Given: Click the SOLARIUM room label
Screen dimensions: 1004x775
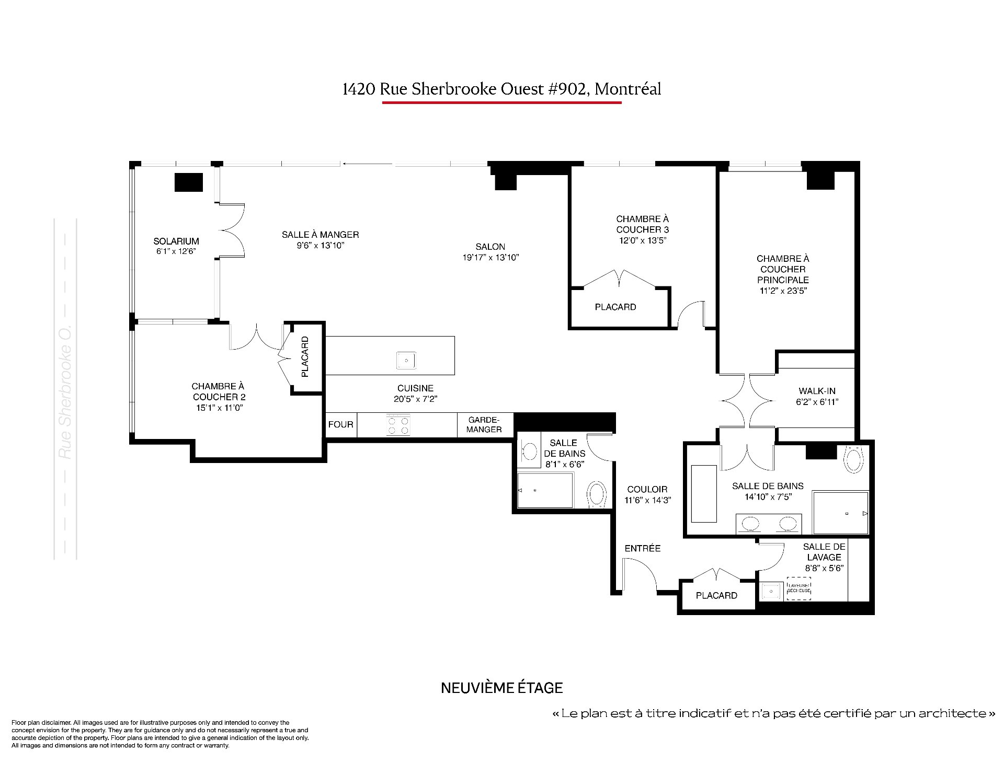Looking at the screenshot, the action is click(x=176, y=241).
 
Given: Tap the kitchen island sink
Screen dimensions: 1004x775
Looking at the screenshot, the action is click(x=406, y=360).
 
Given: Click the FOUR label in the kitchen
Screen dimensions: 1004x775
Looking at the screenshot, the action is click(x=341, y=424).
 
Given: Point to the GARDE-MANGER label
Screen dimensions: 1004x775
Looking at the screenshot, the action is click(x=484, y=424).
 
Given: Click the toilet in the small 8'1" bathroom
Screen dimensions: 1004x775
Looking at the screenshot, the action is click(x=597, y=494).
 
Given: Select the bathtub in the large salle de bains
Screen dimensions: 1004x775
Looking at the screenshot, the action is click(x=704, y=493).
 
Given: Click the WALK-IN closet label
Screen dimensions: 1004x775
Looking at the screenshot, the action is click(x=817, y=391).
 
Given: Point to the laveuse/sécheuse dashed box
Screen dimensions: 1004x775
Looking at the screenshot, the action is click(x=798, y=588).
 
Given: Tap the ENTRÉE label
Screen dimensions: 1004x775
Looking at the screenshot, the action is click(x=643, y=548).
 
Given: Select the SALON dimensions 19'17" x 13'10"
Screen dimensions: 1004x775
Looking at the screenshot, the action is click(x=490, y=257).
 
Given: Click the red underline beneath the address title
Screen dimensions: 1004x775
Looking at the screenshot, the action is click(x=502, y=102).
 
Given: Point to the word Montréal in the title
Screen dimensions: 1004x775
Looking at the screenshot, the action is click(x=628, y=89).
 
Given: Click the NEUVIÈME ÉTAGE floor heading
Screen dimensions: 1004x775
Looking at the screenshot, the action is click(x=502, y=688).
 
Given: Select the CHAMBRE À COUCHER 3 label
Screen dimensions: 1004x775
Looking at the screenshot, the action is click(x=643, y=224).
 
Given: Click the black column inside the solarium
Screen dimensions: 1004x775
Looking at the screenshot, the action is click(x=188, y=182).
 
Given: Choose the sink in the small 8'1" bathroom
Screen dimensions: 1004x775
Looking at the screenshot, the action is click(x=529, y=450).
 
